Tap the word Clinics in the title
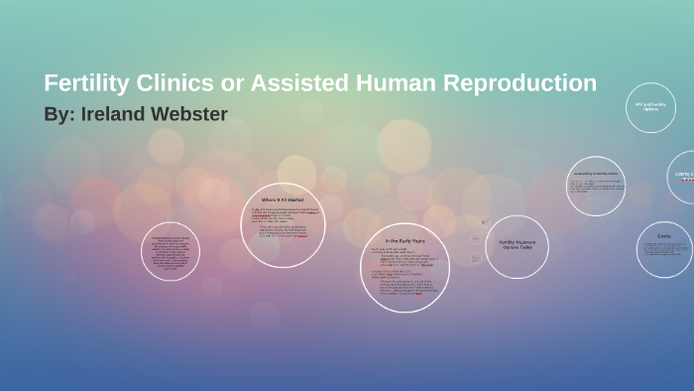(x=169, y=84)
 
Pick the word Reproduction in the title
(x=522, y=84)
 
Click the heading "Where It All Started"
(x=283, y=200)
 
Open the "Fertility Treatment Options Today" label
(x=517, y=244)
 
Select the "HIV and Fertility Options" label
(x=650, y=106)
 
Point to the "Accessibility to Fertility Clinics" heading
(x=596, y=174)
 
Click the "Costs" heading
(x=663, y=236)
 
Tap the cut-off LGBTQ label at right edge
(x=684, y=176)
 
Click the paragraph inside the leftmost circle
(x=170, y=253)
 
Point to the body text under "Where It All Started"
(x=283, y=222)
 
